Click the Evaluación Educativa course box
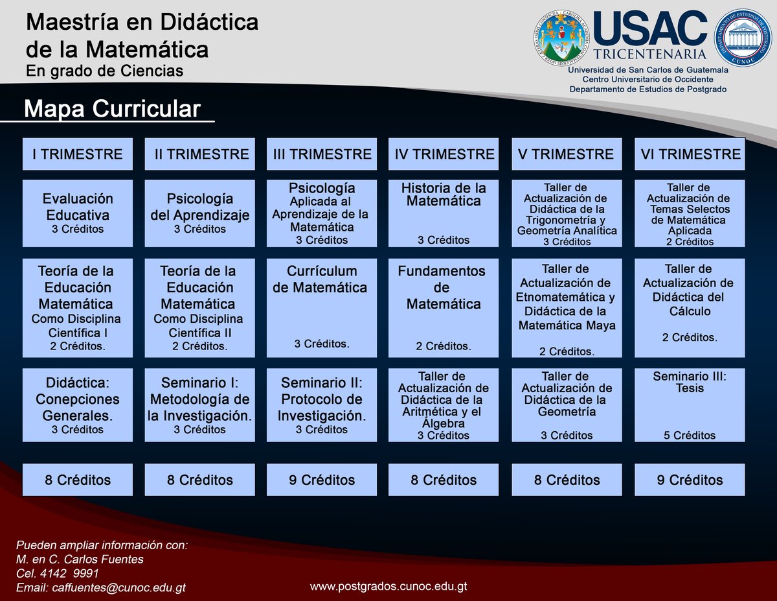pyautogui.click(x=78, y=213)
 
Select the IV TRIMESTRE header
pyautogui.click(x=444, y=154)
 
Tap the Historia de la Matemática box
pyautogui.click(x=444, y=213)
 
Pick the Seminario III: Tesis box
pyautogui.click(x=690, y=405)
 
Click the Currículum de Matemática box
pyautogui.click(x=321, y=308)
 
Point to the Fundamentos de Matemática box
pyautogui.click(x=444, y=308)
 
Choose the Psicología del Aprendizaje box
pyautogui.click(x=199, y=213)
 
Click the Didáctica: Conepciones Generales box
pyautogui.click(x=78, y=405)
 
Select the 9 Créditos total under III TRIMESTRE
pyautogui.click(x=321, y=480)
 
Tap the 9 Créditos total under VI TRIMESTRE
pyautogui.click(x=690, y=480)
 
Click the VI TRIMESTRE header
pyautogui.click(x=690, y=154)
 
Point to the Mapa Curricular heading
pyautogui.click(x=112, y=109)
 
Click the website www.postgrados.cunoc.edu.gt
pyautogui.click(x=388, y=586)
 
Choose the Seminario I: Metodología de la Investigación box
pyautogui.click(x=199, y=405)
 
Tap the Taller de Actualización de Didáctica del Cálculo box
pyautogui.click(x=690, y=308)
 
